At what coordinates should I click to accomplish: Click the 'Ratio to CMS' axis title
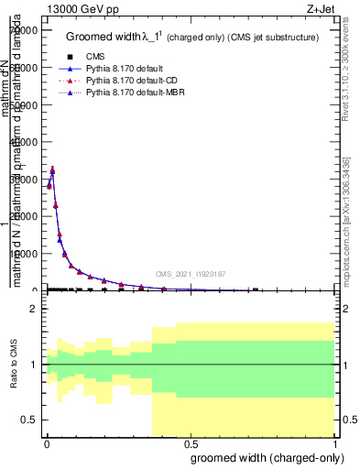[x=13, y=365]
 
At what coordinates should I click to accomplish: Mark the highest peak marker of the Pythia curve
[x=52, y=169]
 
